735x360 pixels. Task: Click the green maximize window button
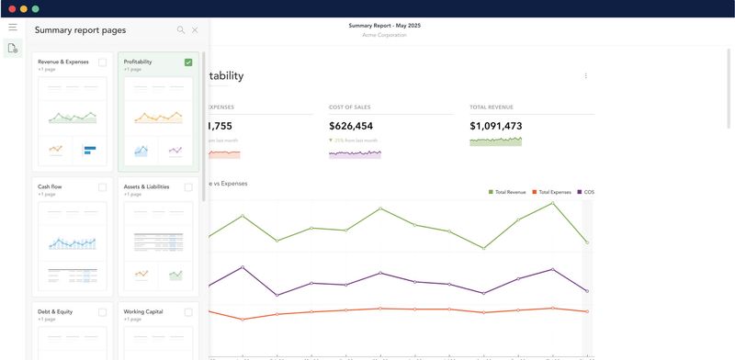click(36, 8)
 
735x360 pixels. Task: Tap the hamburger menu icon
click(13, 28)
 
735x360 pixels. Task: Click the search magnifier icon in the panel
click(180, 30)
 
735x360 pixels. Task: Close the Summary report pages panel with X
click(195, 30)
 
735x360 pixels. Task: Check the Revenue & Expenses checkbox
click(102, 62)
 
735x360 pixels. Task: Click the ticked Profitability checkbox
click(188, 62)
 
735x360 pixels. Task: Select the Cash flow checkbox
click(102, 186)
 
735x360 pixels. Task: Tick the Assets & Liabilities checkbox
click(188, 186)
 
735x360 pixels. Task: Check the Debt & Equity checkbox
click(102, 312)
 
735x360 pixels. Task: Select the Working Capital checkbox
click(188, 312)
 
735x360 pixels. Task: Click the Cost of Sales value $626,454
click(350, 126)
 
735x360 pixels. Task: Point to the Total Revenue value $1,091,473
click(495, 126)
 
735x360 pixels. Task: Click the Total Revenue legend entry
click(509, 192)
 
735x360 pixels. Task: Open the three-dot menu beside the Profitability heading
click(585, 76)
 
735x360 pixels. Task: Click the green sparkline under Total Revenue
click(495, 141)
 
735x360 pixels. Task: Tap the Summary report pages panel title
click(80, 30)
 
